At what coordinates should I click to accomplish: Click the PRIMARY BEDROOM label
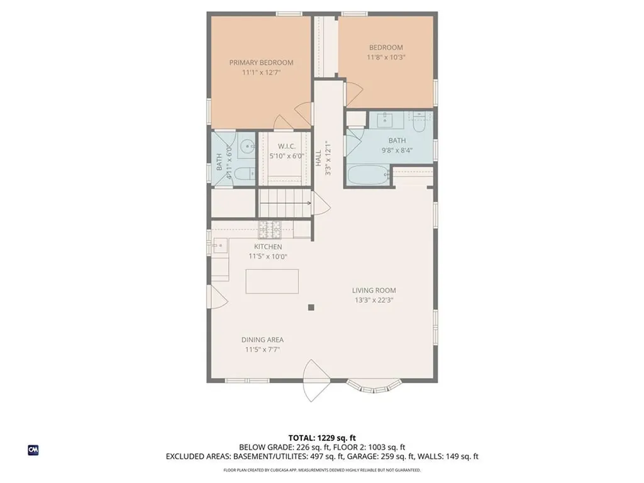261,62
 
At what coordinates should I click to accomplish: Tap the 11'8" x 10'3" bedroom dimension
386,57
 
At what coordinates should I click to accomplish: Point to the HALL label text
319,157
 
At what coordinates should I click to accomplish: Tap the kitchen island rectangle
272,281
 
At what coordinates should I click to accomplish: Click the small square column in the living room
311,307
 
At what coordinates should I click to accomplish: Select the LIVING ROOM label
374,290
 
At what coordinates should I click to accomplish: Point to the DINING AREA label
262,340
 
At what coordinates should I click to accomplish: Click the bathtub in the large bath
367,175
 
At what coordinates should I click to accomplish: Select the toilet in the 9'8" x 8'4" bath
419,119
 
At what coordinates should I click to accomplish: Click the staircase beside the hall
284,204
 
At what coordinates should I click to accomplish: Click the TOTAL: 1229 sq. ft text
321,438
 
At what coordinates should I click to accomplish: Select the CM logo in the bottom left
33,450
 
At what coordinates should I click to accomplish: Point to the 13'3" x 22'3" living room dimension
374,300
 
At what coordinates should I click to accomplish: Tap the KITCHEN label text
268,247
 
